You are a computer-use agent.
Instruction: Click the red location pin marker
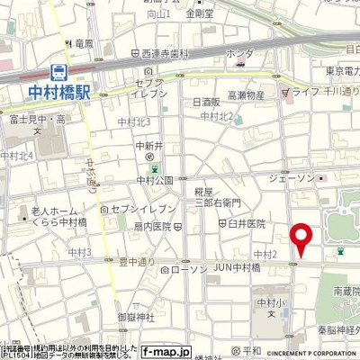click(x=301, y=240)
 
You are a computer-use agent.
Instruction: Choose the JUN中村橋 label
click(x=236, y=268)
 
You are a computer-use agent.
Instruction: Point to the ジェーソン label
click(x=293, y=179)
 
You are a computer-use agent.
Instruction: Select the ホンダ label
click(x=238, y=54)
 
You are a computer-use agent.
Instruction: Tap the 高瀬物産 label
click(x=246, y=95)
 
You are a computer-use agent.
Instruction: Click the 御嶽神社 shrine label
click(x=136, y=317)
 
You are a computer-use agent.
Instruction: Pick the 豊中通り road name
click(x=137, y=264)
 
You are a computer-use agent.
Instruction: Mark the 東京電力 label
click(x=342, y=72)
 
